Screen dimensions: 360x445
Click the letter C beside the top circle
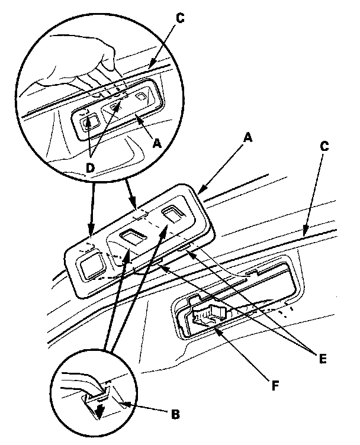[180, 18]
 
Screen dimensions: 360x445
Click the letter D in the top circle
[90, 168]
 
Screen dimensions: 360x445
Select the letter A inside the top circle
[156, 144]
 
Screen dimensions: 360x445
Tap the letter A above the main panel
[248, 138]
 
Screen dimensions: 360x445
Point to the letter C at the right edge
[324, 146]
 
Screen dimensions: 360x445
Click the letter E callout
[323, 359]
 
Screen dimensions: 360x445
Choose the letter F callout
[275, 386]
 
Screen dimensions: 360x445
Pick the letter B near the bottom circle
[175, 415]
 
